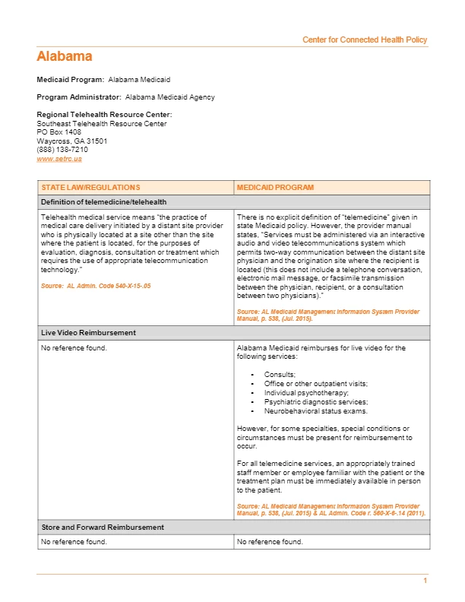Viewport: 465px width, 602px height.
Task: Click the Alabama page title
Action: [65, 56]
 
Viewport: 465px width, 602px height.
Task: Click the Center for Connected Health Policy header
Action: [365, 40]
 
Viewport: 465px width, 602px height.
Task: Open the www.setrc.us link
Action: [59, 159]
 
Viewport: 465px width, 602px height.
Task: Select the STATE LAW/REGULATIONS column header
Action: [90, 187]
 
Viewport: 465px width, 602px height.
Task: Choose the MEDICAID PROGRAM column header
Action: [275, 187]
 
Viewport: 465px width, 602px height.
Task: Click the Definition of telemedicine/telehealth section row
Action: [103, 201]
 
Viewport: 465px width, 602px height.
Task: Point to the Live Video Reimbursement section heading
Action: [88, 333]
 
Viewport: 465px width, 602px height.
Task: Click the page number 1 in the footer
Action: [425, 581]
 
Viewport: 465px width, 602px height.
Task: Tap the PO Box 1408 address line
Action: [59, 132]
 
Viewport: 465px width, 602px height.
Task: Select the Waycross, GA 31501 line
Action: [72, 141]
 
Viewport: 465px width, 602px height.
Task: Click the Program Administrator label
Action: [79, 97]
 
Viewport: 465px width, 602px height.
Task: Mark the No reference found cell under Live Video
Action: [74, 348]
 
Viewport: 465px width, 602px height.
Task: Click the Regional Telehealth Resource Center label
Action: [99, 115]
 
